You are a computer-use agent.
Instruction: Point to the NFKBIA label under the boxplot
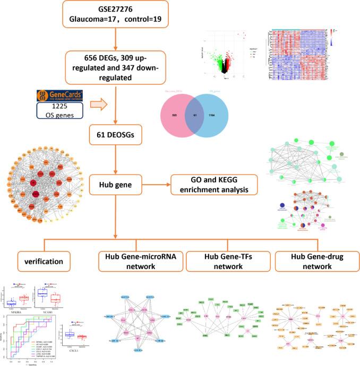point(16,309)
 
